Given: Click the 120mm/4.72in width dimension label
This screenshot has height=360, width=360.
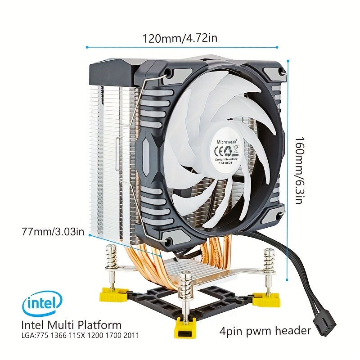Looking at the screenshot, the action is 180,38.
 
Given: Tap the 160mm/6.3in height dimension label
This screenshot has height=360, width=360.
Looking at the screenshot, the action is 299,171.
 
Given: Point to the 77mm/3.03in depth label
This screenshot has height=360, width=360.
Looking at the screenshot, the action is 53,231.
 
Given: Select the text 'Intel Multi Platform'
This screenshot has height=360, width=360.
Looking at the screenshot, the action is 72,325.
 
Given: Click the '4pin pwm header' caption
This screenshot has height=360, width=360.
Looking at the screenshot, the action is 265,331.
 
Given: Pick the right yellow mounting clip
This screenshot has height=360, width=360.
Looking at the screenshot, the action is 266,299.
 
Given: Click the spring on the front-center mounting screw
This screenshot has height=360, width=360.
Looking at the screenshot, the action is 186,286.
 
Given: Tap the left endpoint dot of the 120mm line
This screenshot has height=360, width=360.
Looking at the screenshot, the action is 87,47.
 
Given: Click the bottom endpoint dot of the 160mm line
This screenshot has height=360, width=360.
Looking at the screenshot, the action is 287,280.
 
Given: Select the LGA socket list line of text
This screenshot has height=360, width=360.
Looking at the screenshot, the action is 80,335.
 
